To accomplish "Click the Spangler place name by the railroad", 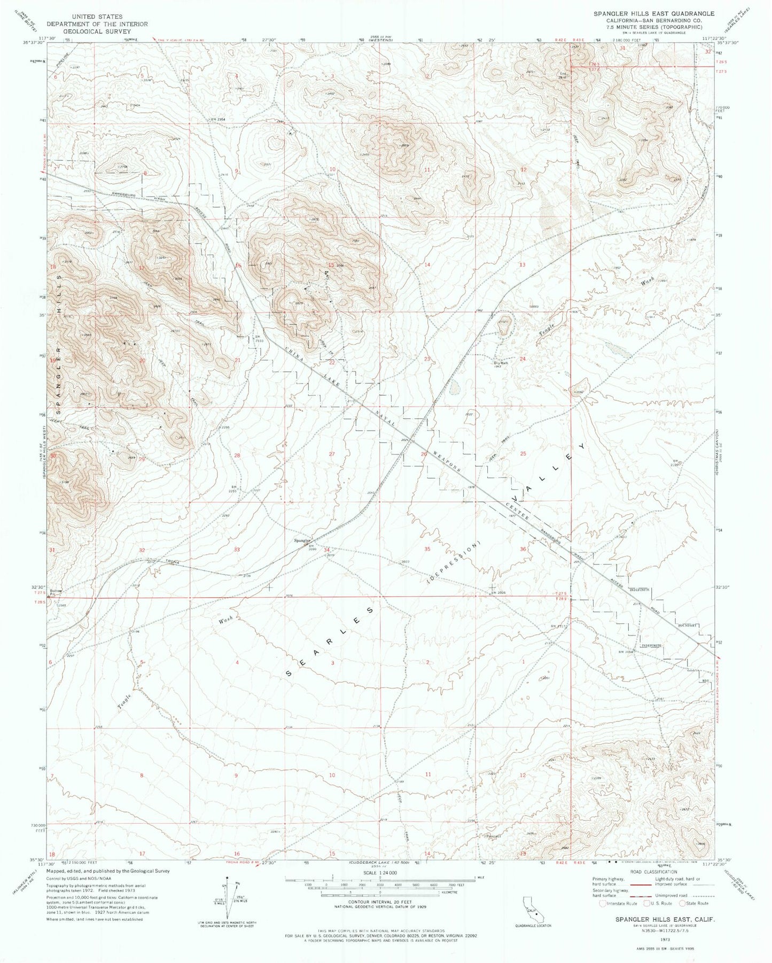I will click(302, 540).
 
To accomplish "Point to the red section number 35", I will click(427, 549).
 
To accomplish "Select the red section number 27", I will click(332, 454).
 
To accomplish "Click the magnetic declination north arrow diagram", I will click(228, 898).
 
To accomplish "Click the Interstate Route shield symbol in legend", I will click(603, 904).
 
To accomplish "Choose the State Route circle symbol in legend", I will click(682, 904).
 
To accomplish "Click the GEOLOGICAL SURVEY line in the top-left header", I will click(97, 32).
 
